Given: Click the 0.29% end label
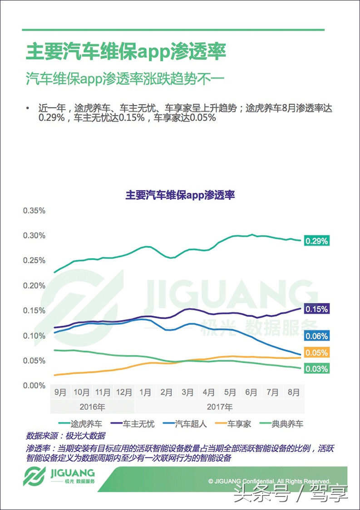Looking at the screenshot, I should pos(316,241).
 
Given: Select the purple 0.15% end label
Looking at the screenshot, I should pos(316,309).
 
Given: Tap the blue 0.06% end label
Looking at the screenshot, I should pos(316,336).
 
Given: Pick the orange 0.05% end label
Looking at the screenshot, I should pos(316,353).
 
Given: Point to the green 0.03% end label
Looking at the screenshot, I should pos(316,369).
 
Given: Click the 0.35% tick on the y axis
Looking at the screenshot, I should pos(35,211).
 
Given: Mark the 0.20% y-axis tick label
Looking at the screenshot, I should pos(35,286).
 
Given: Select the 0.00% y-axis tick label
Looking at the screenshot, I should pos(35,386).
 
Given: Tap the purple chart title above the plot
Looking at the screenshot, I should pos(180,195).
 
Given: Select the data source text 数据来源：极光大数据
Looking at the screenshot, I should pos(66,436).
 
